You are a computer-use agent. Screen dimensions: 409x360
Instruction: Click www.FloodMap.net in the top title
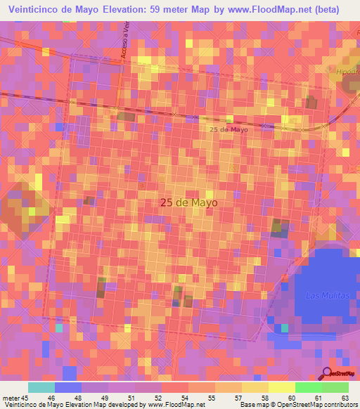click(x=268, y=10)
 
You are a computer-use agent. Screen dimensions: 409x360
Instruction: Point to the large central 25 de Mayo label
click(x=188, y=202)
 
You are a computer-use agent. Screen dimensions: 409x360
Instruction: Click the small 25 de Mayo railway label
click(x=229, y=129)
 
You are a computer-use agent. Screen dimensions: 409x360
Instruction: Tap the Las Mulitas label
click(x=328, y=296)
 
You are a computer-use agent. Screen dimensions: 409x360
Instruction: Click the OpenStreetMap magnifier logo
click(x=327, y=373)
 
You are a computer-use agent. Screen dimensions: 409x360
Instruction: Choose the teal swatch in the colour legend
click(x=41, y=387)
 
